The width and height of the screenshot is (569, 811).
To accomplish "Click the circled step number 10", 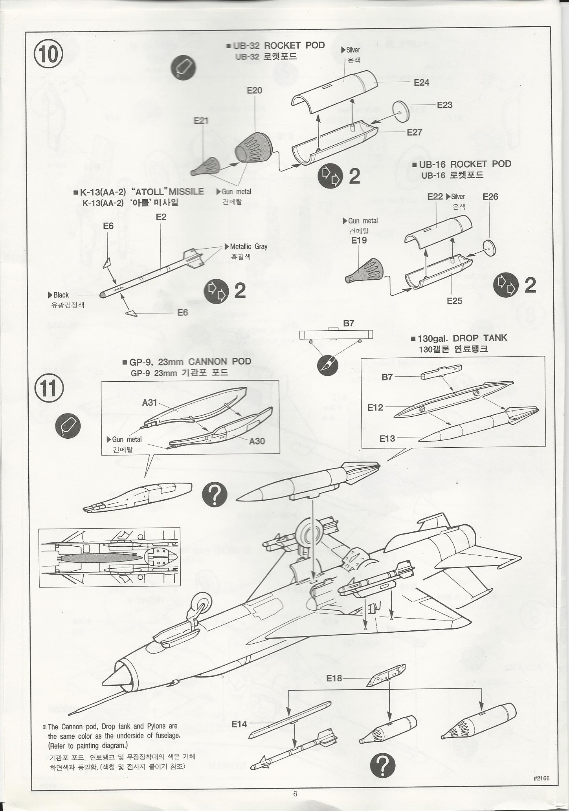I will (48, 55).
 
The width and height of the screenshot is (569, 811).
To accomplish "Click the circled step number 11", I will (49, 388).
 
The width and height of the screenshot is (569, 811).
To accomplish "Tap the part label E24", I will (421, 82).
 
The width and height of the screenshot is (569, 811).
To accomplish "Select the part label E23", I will (444, 105).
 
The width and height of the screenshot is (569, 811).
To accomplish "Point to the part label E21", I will (201, 121).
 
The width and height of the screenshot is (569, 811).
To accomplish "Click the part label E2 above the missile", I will (161, 217).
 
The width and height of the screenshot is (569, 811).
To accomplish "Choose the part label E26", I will (490, 196).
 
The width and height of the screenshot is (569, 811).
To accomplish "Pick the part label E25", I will (454, 301).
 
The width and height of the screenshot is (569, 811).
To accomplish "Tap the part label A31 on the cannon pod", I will (149, 402).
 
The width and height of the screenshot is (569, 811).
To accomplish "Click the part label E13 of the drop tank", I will (387, 438).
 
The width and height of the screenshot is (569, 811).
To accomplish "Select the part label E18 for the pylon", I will (334, 678).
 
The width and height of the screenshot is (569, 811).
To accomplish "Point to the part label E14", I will (239, 724).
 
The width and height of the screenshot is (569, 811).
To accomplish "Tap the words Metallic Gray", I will (248, 247).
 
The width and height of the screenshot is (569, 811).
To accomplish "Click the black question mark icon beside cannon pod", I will (215, 494).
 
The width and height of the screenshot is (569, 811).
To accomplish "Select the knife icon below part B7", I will (327, 365).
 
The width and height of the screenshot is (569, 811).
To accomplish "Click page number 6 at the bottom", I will (295, 794).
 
